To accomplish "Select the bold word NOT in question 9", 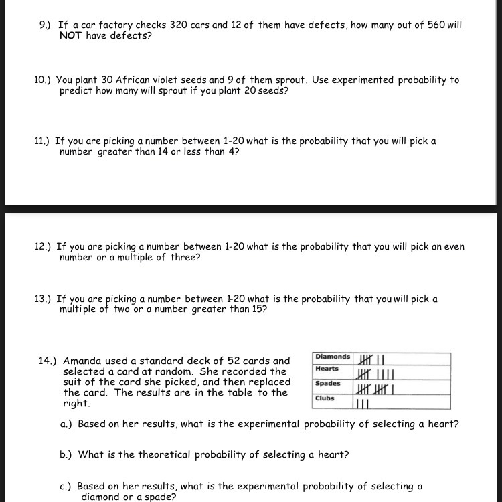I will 71,35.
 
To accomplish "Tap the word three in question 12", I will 183,257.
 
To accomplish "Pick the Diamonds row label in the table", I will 333,357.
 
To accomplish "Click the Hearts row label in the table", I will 327,369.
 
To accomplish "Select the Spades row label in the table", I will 328,384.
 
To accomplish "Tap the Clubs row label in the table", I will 325,398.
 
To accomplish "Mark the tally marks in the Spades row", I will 376,389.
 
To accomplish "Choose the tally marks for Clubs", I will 363,404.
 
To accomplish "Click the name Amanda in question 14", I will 84,361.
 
